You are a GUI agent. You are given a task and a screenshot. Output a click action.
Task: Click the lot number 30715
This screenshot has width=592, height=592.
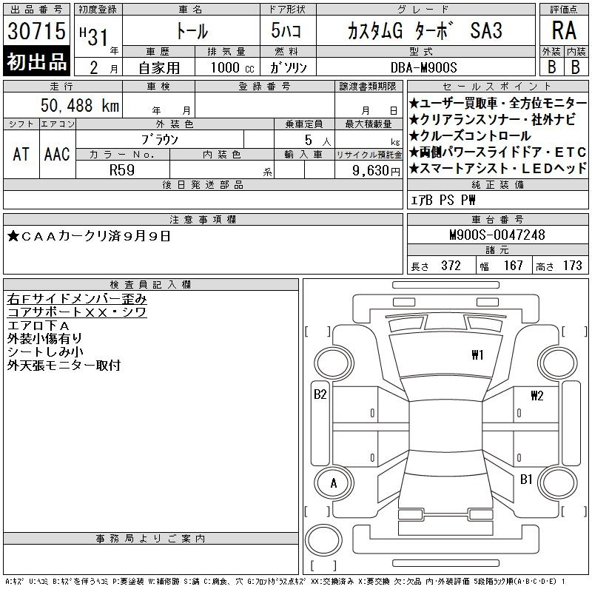click(36, 30)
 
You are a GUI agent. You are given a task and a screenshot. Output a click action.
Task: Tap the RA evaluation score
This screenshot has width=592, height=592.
click(564, 30)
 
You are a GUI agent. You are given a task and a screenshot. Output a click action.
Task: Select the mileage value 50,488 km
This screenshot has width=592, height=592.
click(80, 105)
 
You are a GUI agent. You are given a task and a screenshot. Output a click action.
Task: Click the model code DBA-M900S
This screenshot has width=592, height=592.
click(423, 67)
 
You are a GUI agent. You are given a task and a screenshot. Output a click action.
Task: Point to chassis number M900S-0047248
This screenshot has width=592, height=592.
click(497, 235)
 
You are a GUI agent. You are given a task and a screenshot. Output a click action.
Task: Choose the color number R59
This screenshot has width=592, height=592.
click(122, 170)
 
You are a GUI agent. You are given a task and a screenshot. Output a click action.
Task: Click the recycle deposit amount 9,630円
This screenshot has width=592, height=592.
click(376, 171)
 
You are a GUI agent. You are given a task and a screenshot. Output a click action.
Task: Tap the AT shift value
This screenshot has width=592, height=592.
click(21, 154)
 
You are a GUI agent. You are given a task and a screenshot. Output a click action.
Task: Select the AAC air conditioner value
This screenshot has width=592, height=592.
click(57, 154)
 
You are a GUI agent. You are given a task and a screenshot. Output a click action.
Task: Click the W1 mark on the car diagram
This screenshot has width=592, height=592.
click(477, 355)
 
